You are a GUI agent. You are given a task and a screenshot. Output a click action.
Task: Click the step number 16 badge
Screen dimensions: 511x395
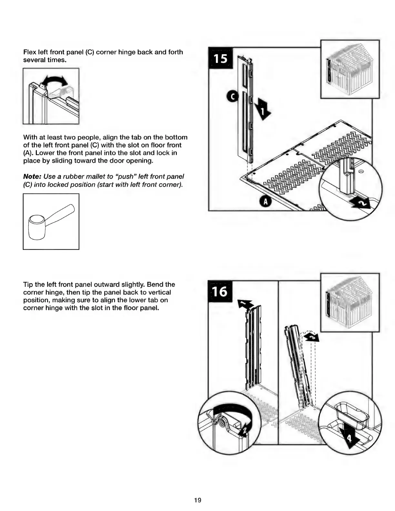[x=220, y=291]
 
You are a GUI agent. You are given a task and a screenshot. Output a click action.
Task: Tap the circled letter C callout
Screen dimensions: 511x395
[x=232, y=96]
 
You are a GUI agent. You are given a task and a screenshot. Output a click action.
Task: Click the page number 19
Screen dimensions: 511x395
[x=197, y=500]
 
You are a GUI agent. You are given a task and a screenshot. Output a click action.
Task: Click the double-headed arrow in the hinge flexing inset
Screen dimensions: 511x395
[x=53, y=80]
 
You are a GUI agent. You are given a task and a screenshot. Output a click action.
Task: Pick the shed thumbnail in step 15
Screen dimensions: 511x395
[x=350, y=69]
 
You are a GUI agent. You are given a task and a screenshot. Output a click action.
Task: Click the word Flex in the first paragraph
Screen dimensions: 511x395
[x=30, y=52]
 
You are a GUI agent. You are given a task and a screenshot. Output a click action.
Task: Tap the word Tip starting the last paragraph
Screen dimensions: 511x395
[x=28, y=285]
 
